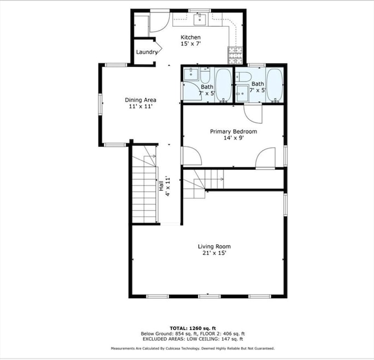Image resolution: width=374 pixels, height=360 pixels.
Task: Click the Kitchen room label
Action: [x=191, y=37]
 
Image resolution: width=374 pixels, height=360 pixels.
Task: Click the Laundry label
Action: [x=147, y=53]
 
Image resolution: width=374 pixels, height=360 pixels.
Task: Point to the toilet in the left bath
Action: [x=205, y=74]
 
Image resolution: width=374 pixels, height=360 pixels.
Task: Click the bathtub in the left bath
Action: [x=223, y=85]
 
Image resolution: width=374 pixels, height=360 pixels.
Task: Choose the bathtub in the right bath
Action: [x=274, y=85]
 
